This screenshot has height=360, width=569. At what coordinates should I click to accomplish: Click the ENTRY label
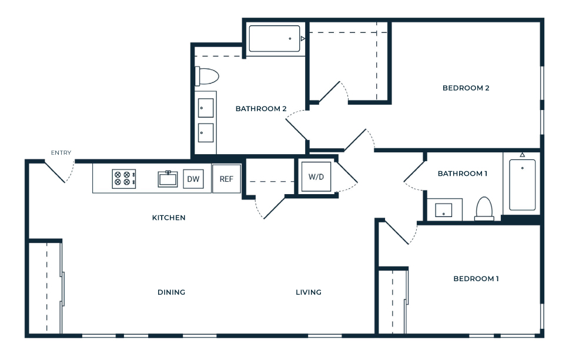coord(61,152)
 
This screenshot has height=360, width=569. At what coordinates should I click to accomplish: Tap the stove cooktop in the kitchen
coord(124,179)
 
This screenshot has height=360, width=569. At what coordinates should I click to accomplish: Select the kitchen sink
coord(168,179)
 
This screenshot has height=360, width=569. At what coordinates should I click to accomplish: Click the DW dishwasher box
coord(193,179)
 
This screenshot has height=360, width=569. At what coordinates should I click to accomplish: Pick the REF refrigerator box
coord(226,179)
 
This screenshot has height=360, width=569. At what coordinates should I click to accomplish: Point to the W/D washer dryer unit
coord(316,176)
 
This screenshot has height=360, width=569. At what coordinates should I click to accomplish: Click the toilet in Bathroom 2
coord(207,76)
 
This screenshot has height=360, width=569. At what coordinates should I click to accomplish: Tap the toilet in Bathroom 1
coord(484,208)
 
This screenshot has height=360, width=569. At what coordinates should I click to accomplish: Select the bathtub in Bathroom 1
coord(522,185)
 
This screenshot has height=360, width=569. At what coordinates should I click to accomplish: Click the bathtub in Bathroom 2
coord(275,38)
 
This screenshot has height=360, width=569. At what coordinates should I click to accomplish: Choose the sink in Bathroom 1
coord(443,210)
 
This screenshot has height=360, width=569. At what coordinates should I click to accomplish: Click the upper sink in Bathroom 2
coord(206,108)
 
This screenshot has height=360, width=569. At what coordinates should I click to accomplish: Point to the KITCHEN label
coord(169,218)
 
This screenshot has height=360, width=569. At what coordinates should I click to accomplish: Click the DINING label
coord(171,292)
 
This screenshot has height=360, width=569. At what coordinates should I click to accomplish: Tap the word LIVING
coord(309,292)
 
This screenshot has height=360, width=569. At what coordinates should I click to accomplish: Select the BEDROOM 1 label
coord(476,279)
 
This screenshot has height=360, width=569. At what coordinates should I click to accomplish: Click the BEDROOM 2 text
coord(466,88)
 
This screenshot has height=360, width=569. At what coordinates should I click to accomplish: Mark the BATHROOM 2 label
coord(261,109)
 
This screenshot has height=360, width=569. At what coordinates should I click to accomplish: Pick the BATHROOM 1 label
coord(462,174)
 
